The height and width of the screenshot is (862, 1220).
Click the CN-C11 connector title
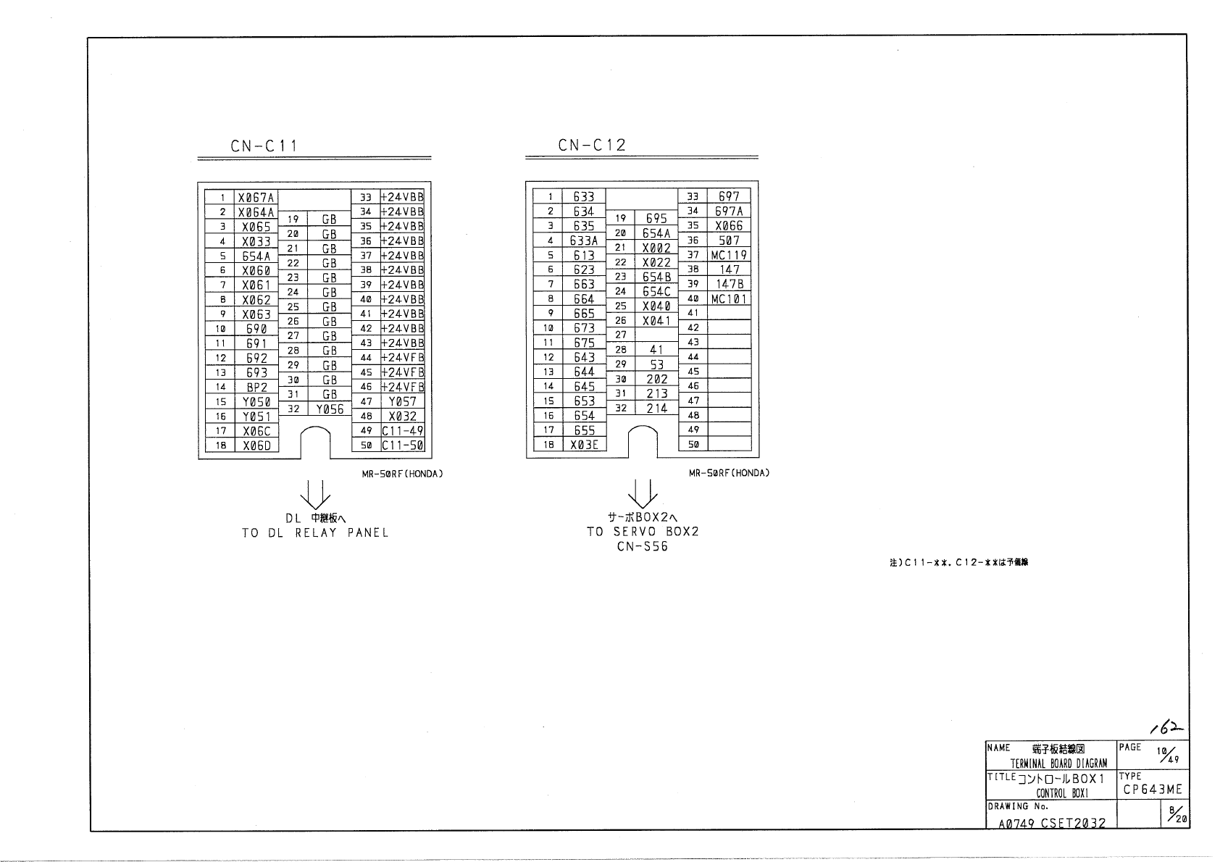point(264,146)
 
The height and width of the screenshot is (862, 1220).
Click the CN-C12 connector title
point(591,145)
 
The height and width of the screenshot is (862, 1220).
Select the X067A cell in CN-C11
point(257,198)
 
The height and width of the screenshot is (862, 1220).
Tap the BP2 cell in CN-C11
point(257,388)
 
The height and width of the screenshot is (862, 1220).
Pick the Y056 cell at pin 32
point(330,409)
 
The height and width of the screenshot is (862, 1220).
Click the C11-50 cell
point(402,445)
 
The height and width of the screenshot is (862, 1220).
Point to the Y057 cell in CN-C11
point(402,401)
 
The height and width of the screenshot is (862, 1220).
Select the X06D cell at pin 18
point(257,445)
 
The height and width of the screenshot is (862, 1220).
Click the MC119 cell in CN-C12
point(729,255)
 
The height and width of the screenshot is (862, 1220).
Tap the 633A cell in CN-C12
point(584,240)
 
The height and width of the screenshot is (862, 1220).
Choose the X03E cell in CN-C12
point(584,445)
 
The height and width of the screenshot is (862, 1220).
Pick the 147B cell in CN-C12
point(729,284)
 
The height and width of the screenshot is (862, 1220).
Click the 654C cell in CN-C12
point(656,291)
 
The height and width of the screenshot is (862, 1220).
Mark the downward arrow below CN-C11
point(316,494)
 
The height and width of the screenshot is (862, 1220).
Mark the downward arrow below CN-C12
point(643,493)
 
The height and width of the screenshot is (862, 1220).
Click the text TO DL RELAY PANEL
point(315,533)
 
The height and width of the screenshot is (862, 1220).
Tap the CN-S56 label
point(643,546)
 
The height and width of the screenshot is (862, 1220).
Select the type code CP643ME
point(1153,790)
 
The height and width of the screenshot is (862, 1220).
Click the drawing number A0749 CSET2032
point(1052,823)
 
